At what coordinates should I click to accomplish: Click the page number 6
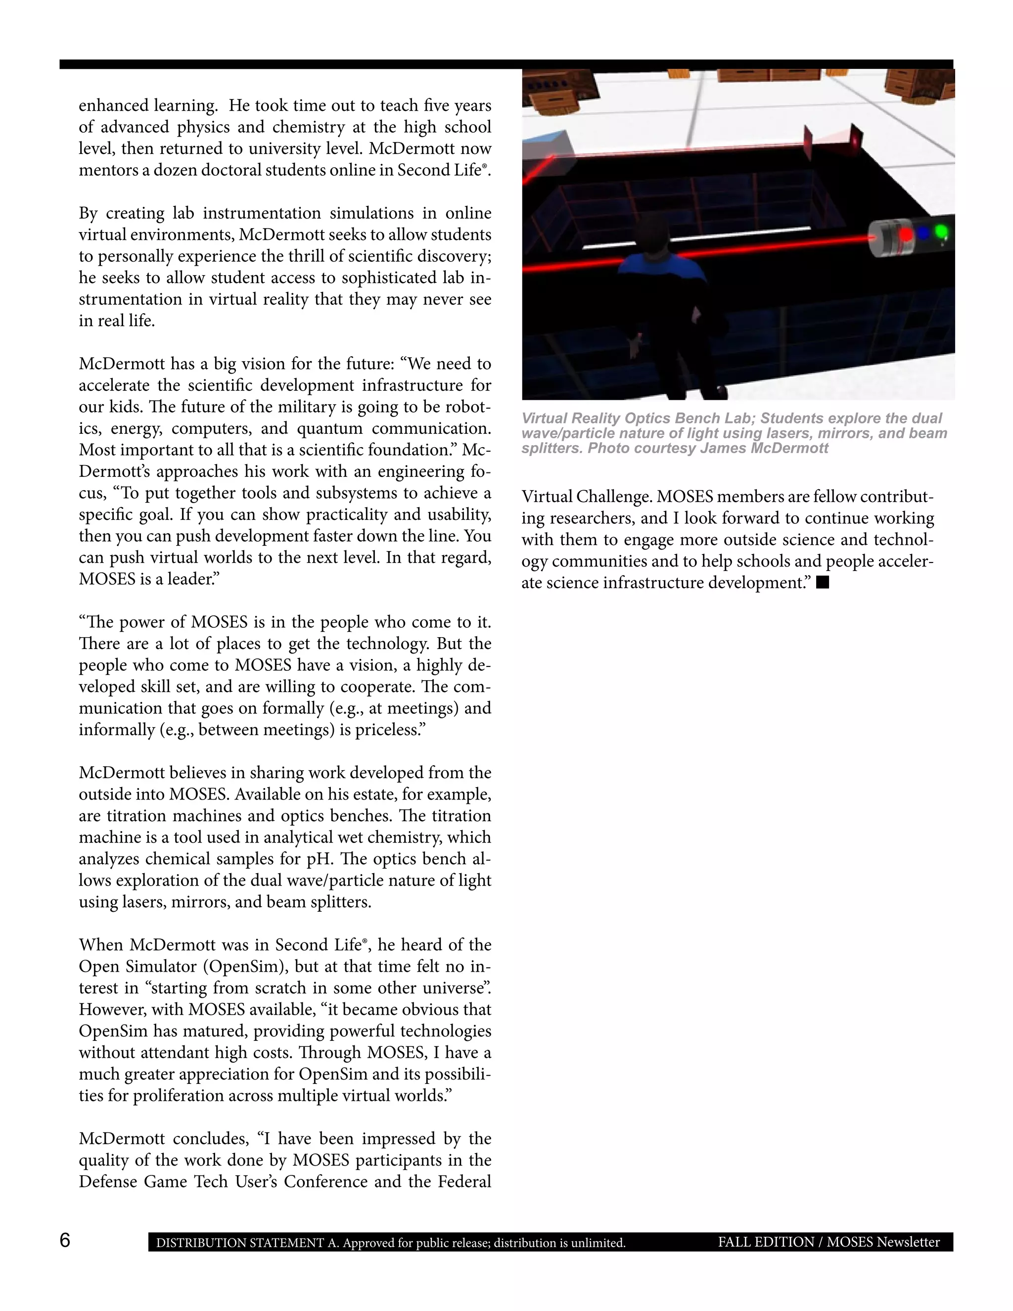65,1240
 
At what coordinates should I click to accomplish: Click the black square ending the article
823,582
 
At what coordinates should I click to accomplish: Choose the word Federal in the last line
464,1181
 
